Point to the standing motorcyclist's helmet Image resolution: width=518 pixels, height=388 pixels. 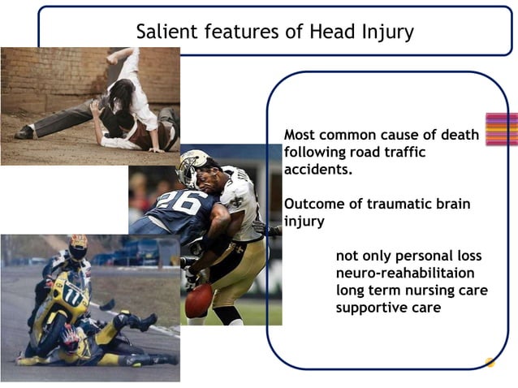(77, 247)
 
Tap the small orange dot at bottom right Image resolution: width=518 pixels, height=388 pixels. (490, 362)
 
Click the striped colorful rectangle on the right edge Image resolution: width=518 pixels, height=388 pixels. (501, 129)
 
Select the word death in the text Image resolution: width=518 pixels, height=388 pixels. (458, 135)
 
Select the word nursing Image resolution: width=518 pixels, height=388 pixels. (426, 291)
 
